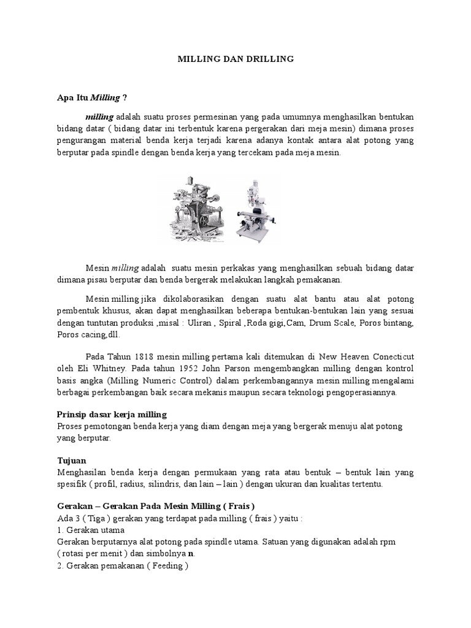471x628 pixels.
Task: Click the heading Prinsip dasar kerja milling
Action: [112, 415]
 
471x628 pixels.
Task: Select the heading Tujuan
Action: [72, 460]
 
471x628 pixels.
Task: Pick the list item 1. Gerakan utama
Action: [90, 530]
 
